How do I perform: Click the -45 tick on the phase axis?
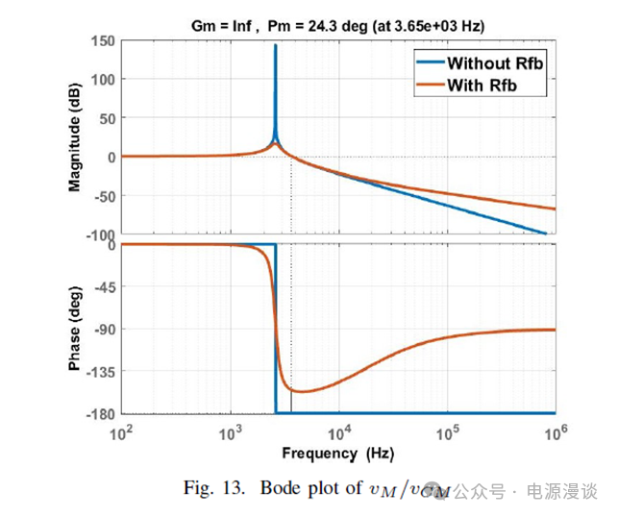(x=102, y=287)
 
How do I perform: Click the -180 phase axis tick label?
(x=98, y=413)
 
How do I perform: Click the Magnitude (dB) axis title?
(x=76, y=136)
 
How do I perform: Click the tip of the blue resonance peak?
(x=276, y=45)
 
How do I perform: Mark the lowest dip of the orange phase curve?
(x=301, y=391)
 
